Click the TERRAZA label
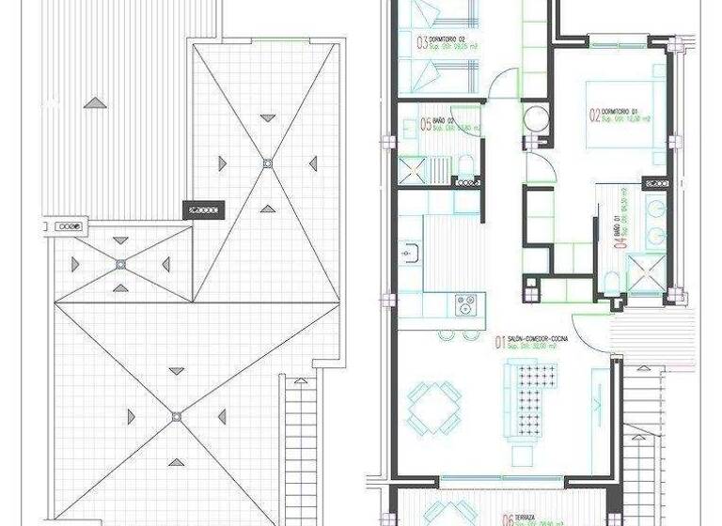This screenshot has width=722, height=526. tap(527, 518)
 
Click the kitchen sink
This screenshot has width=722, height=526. tap(410, 252)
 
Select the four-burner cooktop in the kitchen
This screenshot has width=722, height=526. tap(464, 303)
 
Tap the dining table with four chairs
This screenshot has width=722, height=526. tap(434, 405)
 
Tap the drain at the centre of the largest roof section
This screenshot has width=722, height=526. tap(175, 415)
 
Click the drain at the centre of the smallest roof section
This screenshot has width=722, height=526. tap(120, 265)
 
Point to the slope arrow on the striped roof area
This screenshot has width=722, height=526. tap(94, 101)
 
